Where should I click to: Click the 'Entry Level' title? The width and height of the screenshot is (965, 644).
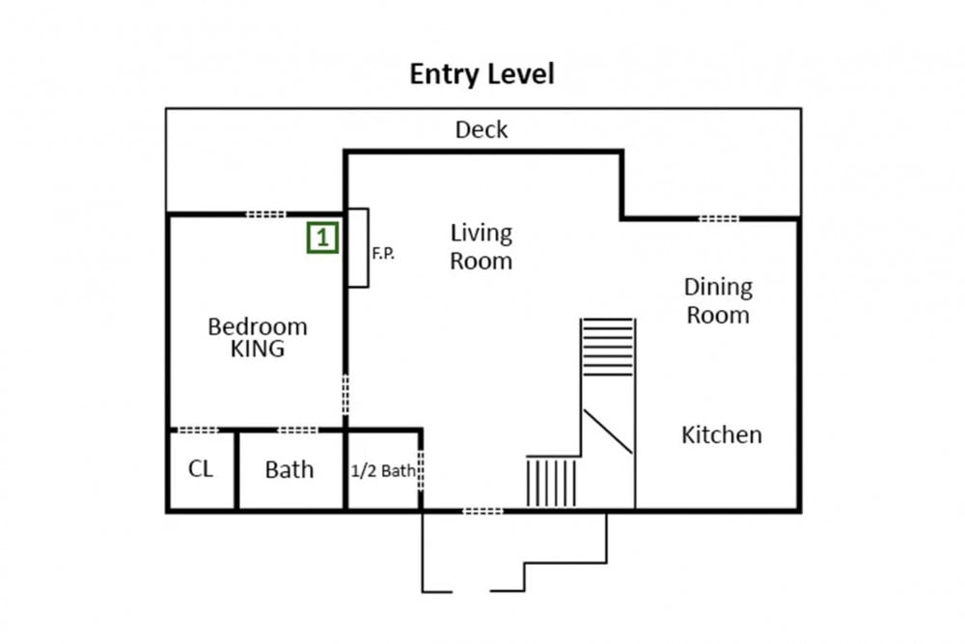(x=482, y=74)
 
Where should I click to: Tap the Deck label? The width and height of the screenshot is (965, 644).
(x=482, y=130)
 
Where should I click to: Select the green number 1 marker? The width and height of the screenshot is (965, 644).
(x=322, y=238)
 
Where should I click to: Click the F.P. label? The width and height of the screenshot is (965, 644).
(x=383, y=253)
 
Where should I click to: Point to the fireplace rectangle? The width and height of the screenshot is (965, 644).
(x=358, y=247)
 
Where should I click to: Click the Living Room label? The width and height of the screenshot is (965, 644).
(x=481, y=247)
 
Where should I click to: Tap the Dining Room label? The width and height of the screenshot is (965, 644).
(x=718, y=301)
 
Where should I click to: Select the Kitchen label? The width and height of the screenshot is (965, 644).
(x=721, y=435)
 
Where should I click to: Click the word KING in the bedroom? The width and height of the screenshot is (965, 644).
(x=258, y=350)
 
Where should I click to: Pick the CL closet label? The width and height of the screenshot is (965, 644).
(x=201, y=469)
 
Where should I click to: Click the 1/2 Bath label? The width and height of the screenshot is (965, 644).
(x=383, y=471)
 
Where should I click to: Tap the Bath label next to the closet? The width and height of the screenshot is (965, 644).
(x=289, y=470)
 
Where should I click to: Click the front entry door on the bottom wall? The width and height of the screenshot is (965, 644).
(x=482, y=511)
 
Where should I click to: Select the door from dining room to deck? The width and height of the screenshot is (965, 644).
(x=718, y=218)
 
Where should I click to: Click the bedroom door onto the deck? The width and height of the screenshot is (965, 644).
(x=266, y=214)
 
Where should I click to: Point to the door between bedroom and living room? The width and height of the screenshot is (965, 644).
(x=345, y=395)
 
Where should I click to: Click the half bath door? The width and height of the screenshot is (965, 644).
(x=421, y=471)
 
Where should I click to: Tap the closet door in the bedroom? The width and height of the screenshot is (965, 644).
(x=198, y=430)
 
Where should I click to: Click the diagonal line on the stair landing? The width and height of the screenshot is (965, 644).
(x=607, y=432)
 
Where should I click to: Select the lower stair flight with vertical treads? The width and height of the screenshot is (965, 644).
(x=552, y=482)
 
